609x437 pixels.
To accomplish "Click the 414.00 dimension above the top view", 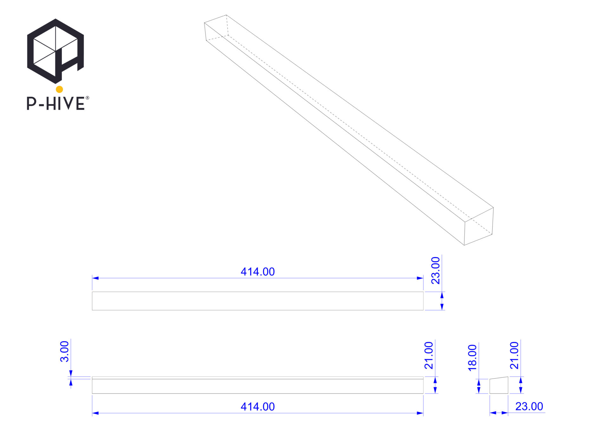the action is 258,272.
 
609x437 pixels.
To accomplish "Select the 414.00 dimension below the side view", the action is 258,407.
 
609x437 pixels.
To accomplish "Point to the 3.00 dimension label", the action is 65,352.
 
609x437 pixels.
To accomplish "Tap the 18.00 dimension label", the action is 472,358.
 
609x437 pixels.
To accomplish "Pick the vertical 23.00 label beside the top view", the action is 436,271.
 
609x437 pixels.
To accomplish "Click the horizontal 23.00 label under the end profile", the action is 529,406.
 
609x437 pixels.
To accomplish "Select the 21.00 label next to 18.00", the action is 514,355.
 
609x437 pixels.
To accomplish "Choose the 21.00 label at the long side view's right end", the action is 429,355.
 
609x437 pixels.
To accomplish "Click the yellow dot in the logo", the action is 59,89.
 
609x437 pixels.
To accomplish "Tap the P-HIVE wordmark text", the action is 56,103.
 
